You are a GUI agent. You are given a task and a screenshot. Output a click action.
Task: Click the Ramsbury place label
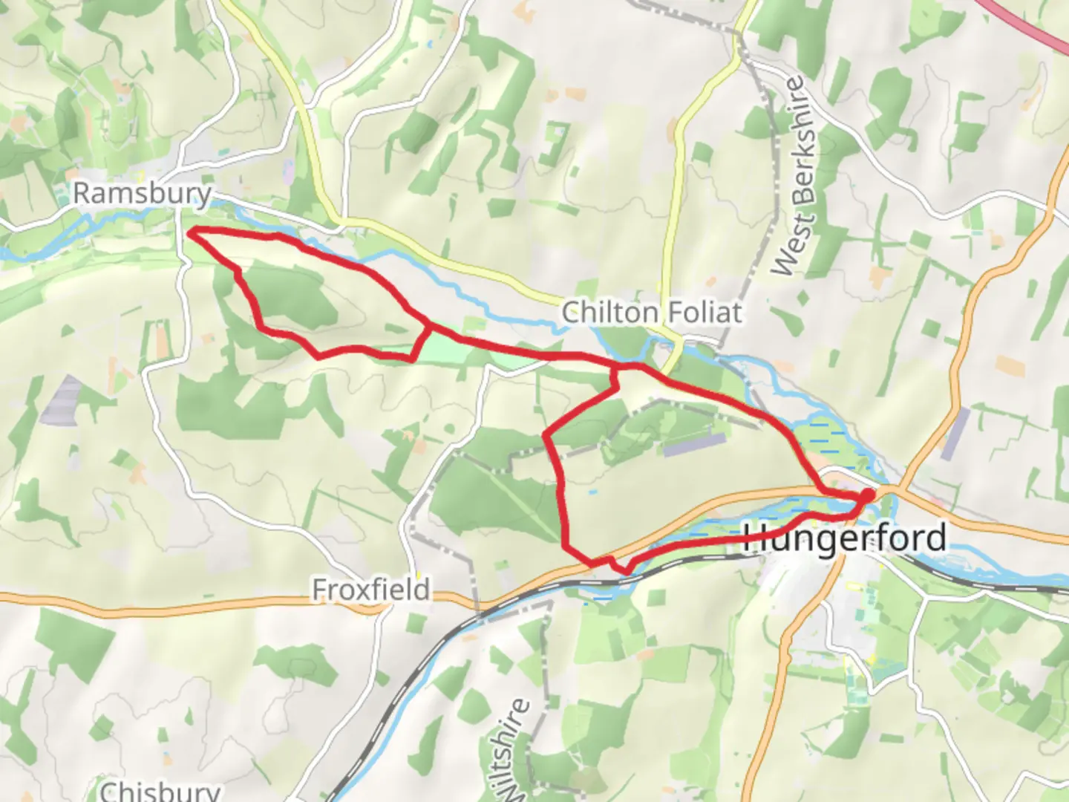tap(142, 194)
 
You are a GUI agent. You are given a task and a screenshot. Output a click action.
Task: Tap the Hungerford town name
tap(845, 538)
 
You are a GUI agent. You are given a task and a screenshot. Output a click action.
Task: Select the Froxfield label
tap(370, 590)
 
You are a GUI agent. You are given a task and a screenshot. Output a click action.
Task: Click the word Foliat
tap(702, 312)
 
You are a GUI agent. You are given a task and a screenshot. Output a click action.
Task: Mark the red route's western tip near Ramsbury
tap(189, 233)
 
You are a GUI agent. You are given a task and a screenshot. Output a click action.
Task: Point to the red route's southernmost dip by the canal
tap(627, 570)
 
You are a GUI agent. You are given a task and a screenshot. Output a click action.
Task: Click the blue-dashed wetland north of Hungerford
tap(824, 434)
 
